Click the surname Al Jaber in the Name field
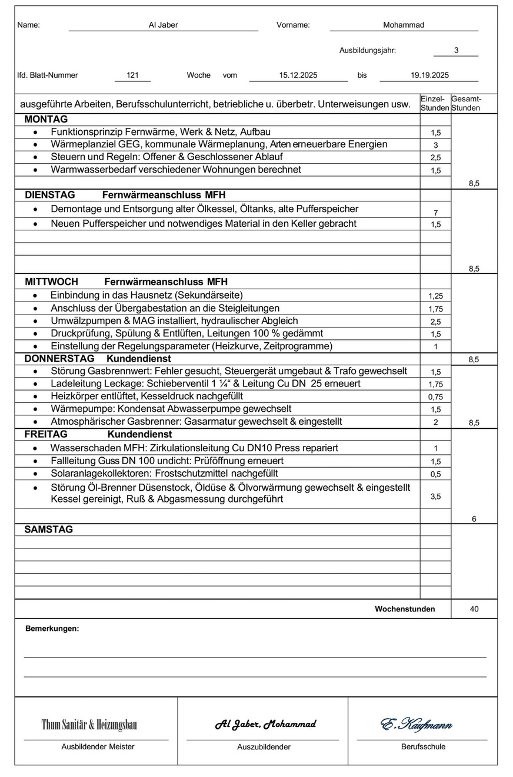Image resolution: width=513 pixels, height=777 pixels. coord(163,25)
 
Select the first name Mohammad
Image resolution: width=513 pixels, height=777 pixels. coord(403,25)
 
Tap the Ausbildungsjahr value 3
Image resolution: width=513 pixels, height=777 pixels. coord(456,51)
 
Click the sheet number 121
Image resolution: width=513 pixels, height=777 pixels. coord(132,75)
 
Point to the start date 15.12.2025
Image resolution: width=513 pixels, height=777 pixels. coord(298,75)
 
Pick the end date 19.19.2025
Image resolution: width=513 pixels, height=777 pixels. coord(429,75)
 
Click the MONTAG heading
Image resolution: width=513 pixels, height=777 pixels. coord(46,120)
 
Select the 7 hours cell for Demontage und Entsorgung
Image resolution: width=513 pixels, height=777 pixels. coord(435,213)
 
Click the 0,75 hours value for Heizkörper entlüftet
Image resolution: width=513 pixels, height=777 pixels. coord(435,397)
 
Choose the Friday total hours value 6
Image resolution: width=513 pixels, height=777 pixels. coord(474,519)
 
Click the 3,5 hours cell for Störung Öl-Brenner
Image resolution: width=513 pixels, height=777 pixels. coord(435,497)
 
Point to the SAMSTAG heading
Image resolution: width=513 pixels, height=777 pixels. coord(49,530)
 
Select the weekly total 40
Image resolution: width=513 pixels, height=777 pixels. coord(474,609)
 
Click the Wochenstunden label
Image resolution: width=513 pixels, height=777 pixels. coord(405,609)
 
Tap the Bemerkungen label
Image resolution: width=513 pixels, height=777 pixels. coord(52,629)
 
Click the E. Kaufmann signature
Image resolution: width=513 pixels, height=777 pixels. coord(417,725)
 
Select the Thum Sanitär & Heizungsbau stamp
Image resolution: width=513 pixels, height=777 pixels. coord(89,725)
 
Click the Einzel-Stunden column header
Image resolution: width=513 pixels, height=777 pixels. coord(435,104)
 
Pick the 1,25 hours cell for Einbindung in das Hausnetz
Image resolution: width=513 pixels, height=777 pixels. coord(435,296)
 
